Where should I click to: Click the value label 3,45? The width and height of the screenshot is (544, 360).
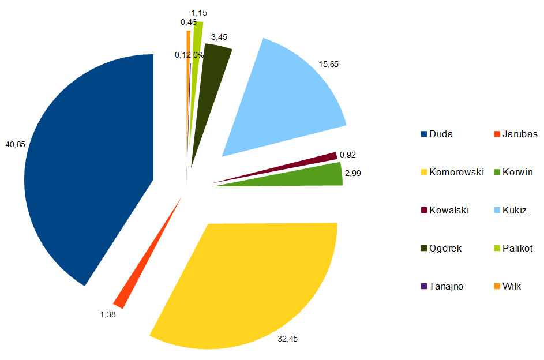(219, 37)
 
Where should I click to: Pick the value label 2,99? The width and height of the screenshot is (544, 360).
(353, 172)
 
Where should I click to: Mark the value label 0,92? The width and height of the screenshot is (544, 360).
(348, 155)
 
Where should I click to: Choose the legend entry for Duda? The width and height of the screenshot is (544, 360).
(440, 134)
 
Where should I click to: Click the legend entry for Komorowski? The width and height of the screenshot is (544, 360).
(455, 172)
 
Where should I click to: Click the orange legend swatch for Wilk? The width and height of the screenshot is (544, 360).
(497, 286)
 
